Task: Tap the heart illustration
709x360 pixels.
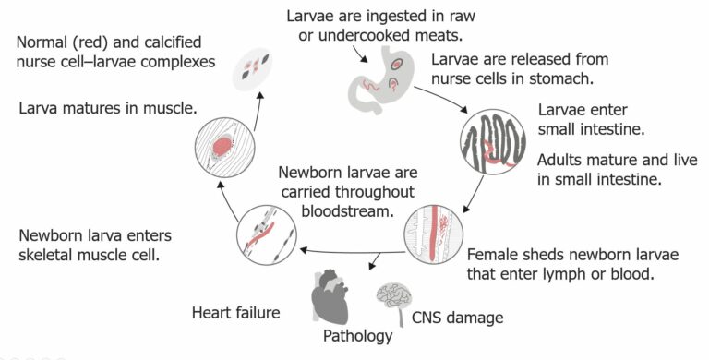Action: coord(340,296)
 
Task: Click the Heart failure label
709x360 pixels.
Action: coord(235,312)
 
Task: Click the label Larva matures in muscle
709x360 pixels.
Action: coord(108,108)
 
